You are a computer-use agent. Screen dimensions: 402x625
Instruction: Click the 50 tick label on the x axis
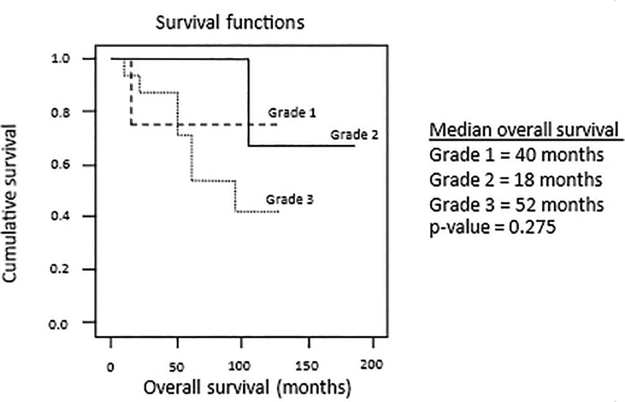pos(177,367)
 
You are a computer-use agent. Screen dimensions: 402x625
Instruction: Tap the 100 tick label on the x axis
pos(243,367)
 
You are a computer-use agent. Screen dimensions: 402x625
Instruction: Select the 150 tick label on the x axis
pos(309,367)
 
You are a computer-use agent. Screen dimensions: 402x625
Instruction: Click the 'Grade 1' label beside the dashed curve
pos(292,113)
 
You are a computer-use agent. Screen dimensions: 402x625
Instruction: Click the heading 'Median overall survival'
pos(523,131)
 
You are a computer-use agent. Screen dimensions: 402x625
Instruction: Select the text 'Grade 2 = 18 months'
pos(516,180)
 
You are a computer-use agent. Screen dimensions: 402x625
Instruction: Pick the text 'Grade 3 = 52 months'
pos(516,204)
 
